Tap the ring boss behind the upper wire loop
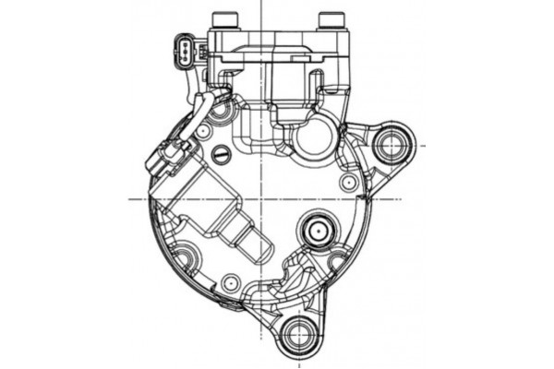(x=222, y=113)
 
